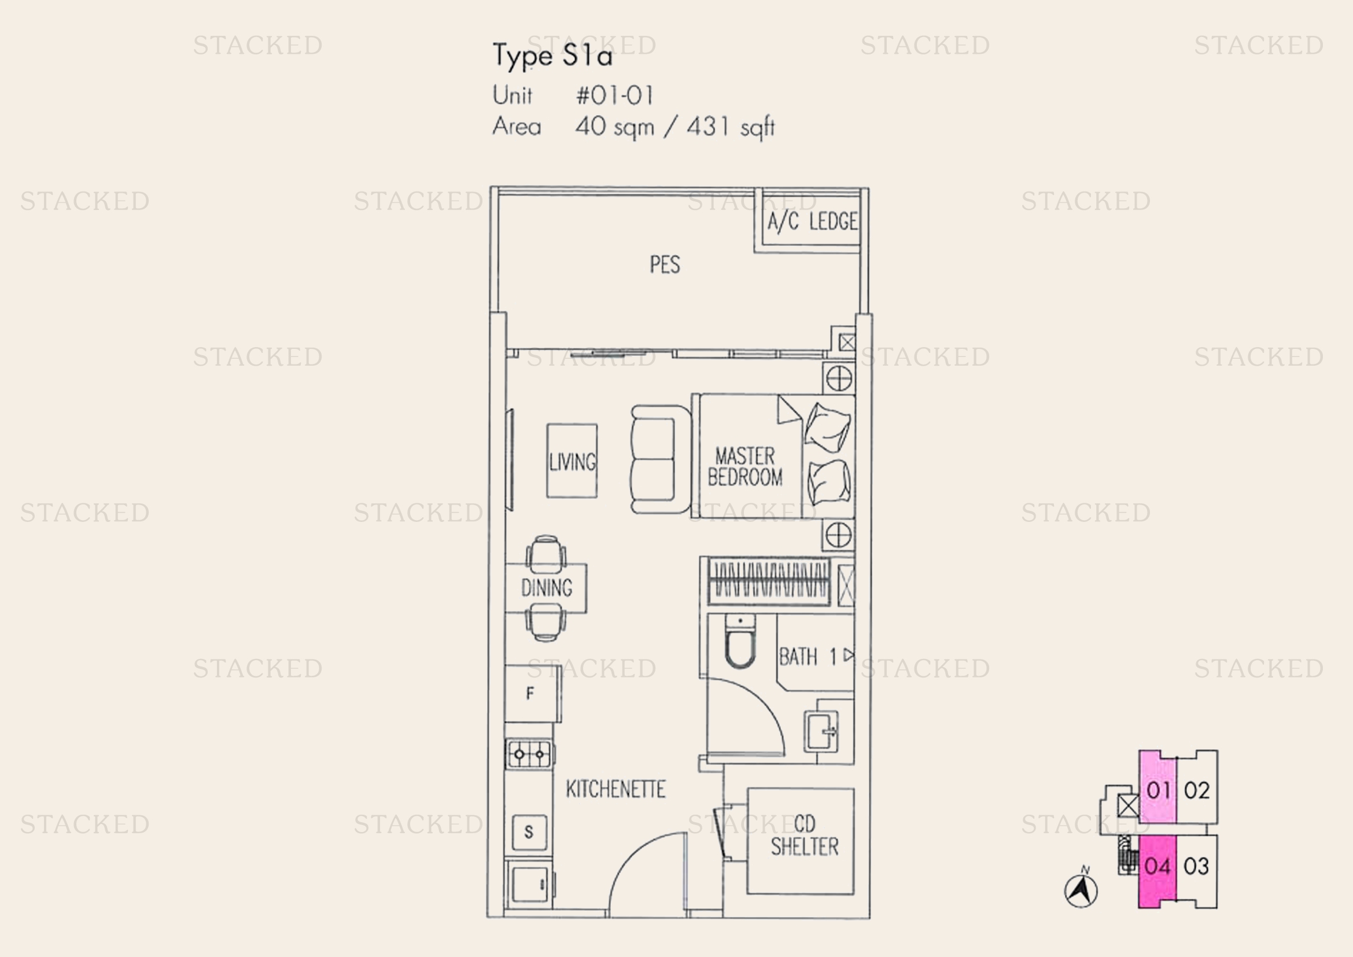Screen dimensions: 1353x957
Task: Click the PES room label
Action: [x=665, y=264]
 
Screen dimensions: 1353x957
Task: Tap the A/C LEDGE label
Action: [x=812, y=222]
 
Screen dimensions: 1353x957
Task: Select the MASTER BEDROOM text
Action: [x=745, y=466]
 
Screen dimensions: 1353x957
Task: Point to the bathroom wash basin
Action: [x=821, y=731]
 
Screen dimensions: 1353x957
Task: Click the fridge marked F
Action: [x=533, y=693]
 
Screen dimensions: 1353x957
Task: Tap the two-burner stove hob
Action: [x=529, y=754]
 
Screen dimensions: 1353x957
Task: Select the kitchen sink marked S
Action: [x=529, y=831]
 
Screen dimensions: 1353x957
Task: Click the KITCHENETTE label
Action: [x=616, y=789]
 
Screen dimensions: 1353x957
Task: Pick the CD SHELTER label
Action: [x=805, y=835]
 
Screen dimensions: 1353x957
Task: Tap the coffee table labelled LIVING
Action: [x=572, y=461]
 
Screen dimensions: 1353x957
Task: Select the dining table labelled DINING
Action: [x=545, y=588]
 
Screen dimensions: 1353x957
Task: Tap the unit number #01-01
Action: [x=615, y=95]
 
